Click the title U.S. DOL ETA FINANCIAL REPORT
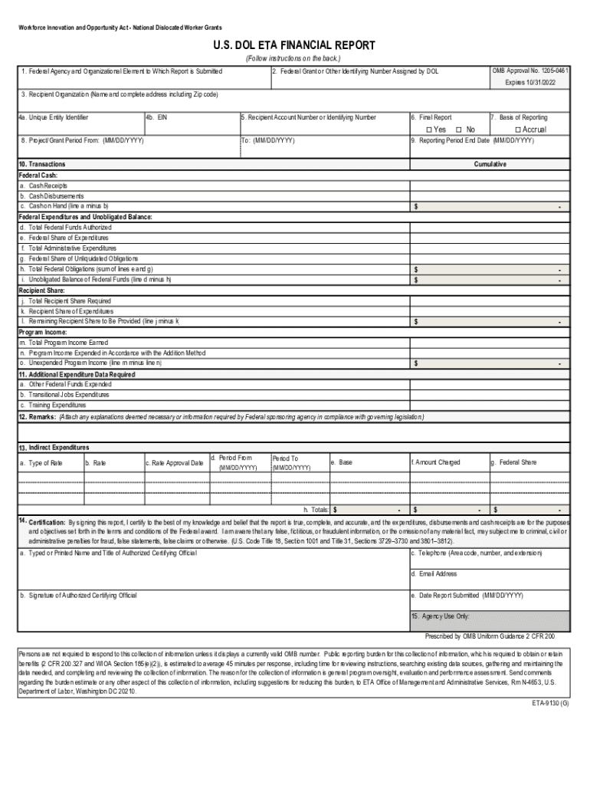click(294, 46)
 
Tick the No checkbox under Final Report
click(458, 130)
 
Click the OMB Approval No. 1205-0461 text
click(530, 71)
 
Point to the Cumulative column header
click(490, 164)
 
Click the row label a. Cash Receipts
click(43, 186)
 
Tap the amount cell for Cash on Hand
click(490, 207)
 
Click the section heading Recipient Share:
click(41, 291)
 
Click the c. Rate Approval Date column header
click(175, 463)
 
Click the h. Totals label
click(316, 510)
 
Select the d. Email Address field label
click(434, 573)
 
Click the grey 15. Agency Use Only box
click(490, 620)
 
